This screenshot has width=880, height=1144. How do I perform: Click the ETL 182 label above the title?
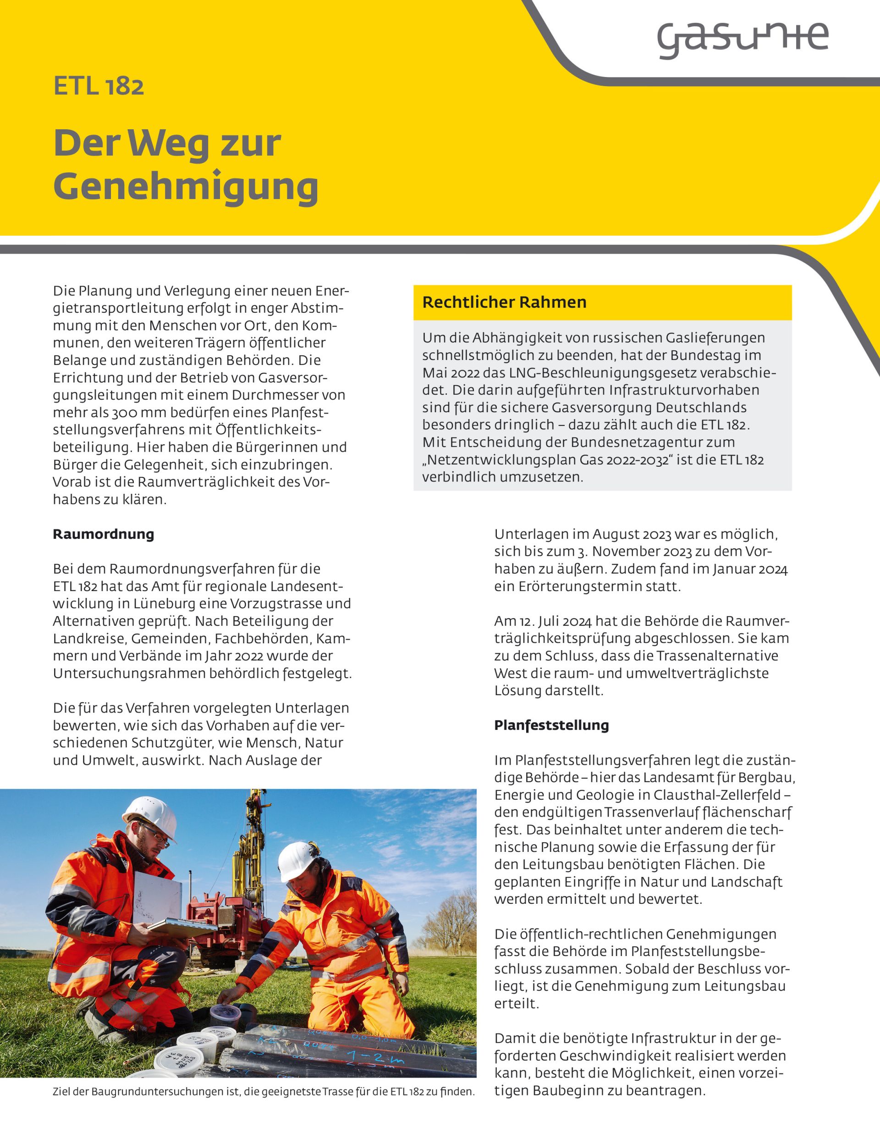click(99, 86)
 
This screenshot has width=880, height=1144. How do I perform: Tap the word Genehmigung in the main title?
click(186, 187)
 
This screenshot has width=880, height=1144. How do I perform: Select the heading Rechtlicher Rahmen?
click(504, 302)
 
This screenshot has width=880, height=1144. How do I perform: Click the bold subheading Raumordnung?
click(104, 535)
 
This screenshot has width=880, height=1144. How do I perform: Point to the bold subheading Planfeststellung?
click(551, 725)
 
